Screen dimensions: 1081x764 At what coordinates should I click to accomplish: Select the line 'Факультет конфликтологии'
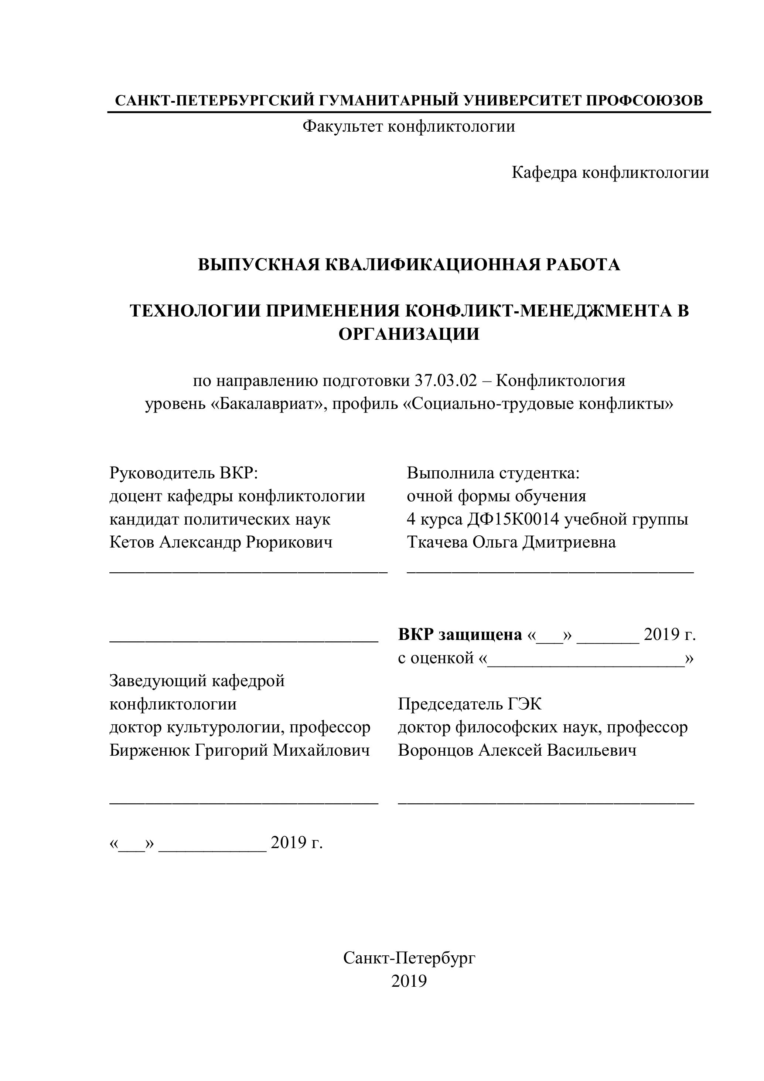coord(408,126)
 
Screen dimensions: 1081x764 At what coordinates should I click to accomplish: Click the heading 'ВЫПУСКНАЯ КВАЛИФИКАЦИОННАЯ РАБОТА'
coord(409,265)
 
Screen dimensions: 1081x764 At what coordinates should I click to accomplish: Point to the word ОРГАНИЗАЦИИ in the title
coord(409,334)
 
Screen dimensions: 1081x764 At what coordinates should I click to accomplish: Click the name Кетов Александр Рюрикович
coord(221,542)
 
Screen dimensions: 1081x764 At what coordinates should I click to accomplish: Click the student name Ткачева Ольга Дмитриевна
coord(511,542)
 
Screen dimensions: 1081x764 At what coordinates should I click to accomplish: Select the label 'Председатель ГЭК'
coord(470,704)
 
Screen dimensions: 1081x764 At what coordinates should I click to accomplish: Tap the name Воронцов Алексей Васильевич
coord(517,750)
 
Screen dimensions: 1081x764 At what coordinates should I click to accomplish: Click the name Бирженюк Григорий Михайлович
coord(239,750)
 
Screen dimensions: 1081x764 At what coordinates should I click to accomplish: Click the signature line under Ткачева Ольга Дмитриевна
coord(550,572)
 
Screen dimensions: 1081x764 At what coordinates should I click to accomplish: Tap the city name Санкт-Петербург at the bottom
coord(409,958)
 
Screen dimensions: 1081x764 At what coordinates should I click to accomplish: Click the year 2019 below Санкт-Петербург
coord(409,981)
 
